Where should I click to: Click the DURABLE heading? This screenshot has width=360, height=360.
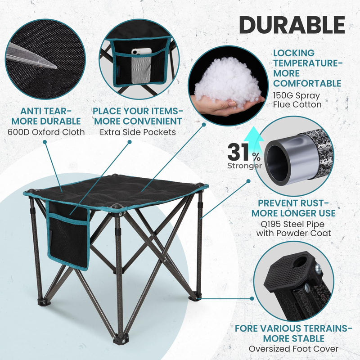pyautogui.click(x=292, y=25)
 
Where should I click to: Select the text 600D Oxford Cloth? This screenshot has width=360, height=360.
pyautogui.click(x=46, y=132)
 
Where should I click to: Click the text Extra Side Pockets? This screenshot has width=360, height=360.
pyautogui.click(x=137, y=132)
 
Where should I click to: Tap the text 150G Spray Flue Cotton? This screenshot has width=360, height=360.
pyautogui.click(x=297, y=100)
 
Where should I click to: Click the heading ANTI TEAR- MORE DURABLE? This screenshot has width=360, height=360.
pyautogui.click(x=46, y=116)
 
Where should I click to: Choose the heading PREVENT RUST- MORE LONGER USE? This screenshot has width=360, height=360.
pyautogui.click(x=293, y=207)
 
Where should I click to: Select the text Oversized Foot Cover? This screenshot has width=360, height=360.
pyautogui.click(x=293, y=348)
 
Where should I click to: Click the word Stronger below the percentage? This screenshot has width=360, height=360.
pyautogui.click(x=244, y=166)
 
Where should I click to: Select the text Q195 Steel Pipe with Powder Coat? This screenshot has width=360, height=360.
pyautogui.click(x=293, y=228)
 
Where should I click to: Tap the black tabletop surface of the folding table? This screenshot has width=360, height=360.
pyautogui.click(x=121, y=189)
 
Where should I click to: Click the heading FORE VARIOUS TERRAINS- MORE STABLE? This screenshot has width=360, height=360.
pyautogui.click(x=293, y=333)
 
